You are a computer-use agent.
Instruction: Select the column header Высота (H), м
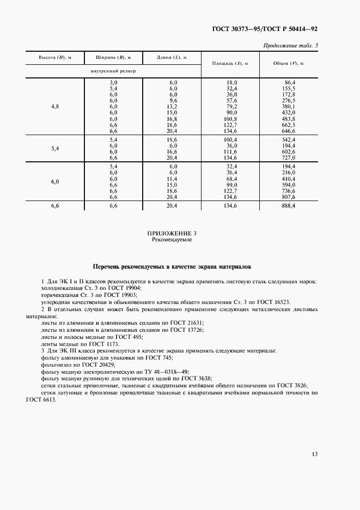(54, 57)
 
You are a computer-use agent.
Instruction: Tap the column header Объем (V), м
(288, 64)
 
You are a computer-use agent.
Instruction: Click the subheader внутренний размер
(113, 71)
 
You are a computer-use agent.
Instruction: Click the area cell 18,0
(231, 81)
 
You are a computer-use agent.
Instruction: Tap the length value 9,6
(173, 100)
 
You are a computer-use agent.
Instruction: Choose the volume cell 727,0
(287, 158)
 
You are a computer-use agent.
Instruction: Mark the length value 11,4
(173, 178)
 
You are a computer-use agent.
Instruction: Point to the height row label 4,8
(54, 106)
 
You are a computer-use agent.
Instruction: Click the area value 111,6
(231, 152)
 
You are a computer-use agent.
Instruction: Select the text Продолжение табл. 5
(290, 45)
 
